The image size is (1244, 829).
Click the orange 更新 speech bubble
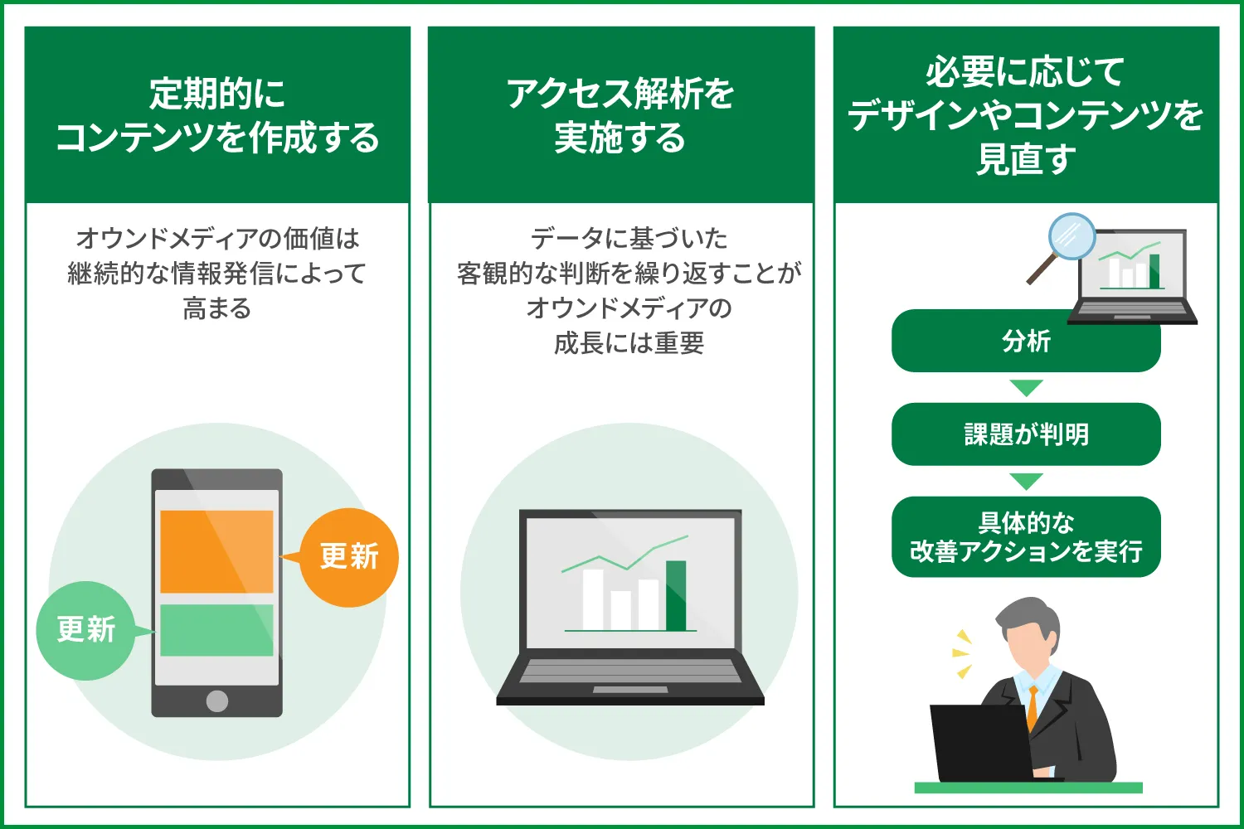pyautogui.click(x=349, y=557)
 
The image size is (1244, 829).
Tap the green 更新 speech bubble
pyautogui.click(x=85, y=630)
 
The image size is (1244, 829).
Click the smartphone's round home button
pyautogui.click(x=217, y=701)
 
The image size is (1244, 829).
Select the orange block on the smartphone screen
pyautogui.click(x=216, y=551)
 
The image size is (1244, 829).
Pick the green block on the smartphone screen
pyautogui.click(x=216, y=630)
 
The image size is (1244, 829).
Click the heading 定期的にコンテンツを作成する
pyautogui.click(x=217, y=116)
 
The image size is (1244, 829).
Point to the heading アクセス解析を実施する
pyautogui.click(x=621, y=116)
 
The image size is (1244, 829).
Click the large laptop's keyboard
pyautogui.click(x=630, y=671)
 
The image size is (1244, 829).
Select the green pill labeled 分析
pyautogui.click(x=1026, y=342)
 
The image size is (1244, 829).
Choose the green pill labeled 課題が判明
pyautogui.click(x=1026, y=434)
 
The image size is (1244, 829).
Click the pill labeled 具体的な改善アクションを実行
pyautogui.click(x=1026, y=537)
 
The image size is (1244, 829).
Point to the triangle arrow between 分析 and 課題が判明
pyautogui.click(x=1026, y=388)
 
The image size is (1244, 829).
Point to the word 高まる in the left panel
pyautogui.click(x=217, y=308)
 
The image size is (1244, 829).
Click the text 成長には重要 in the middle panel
pyautogui.click(x=629, y=342)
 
